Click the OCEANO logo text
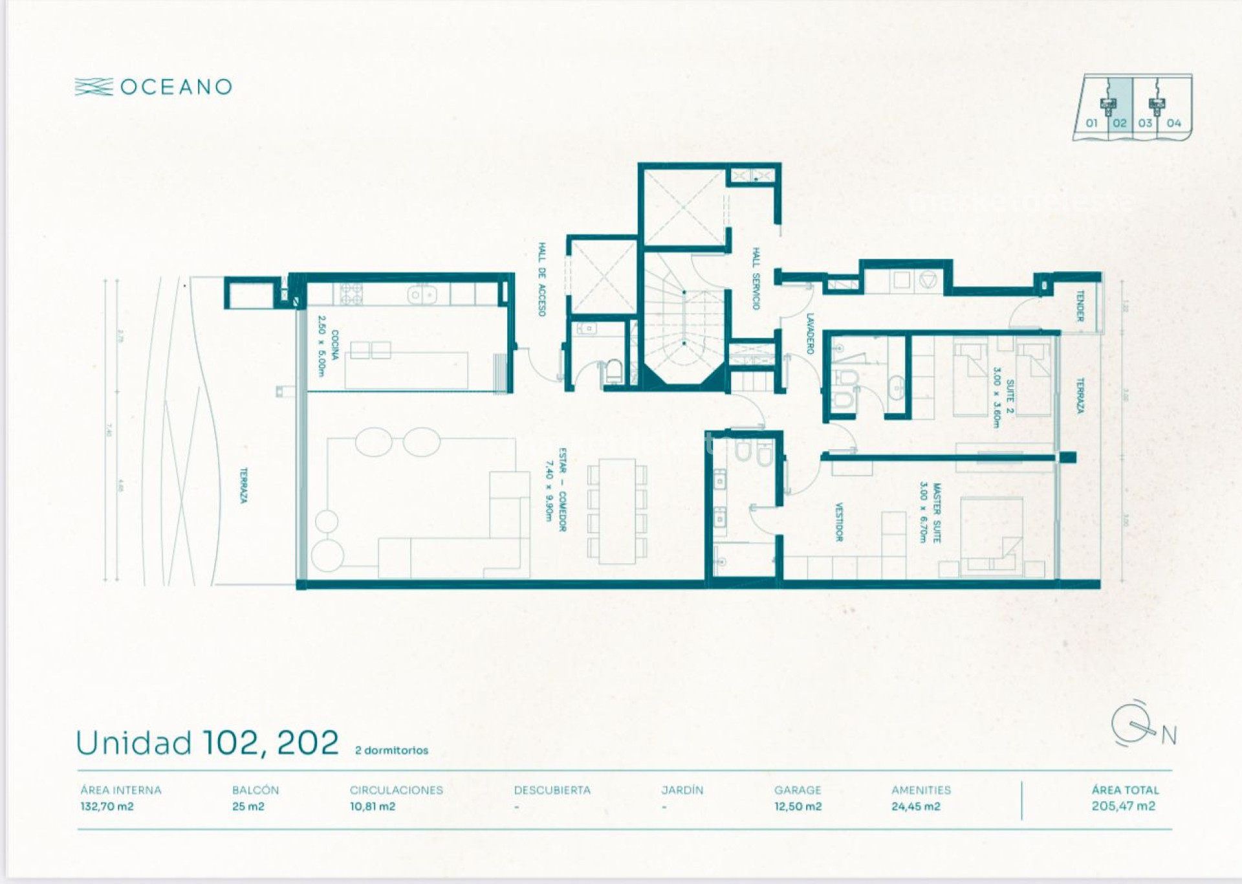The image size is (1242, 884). click(175, 87)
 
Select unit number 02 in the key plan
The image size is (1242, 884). click(1120, 123)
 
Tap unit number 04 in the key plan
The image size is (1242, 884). click(1173, 123)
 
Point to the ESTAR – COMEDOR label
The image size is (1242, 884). click(556, 489)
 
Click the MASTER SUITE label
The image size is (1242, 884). click(930, 513)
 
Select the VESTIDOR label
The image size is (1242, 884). click(839, 522)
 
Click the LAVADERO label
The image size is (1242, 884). click(810, 334)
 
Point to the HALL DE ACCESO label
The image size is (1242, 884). click(542, 280)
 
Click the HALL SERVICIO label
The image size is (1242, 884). click(756, 278)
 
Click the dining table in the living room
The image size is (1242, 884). click(616, 511)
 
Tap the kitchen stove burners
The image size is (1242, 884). click(351, 294)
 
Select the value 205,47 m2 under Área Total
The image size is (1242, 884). click(1123, 806)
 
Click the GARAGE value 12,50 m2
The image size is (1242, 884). click(798, 806)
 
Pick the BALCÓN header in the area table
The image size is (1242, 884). click(256, 790)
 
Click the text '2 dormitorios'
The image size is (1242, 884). click(391, 751)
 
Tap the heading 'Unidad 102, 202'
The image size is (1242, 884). click(207, 743)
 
